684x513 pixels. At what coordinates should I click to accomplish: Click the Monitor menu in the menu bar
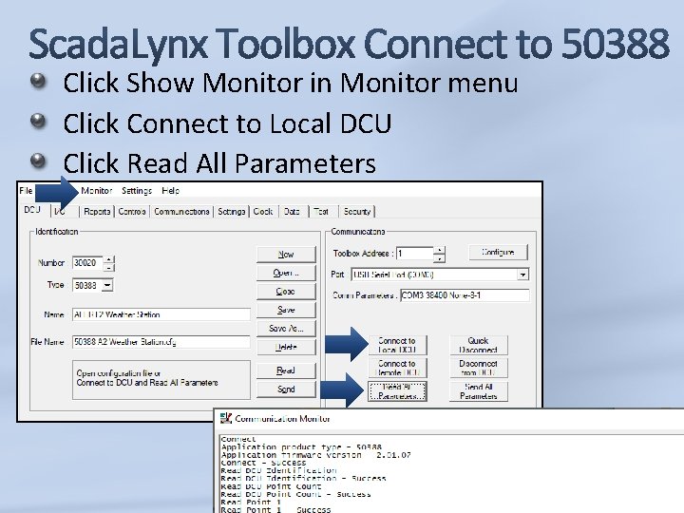(97, 191)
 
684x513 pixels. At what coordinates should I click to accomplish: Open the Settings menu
(137, 191)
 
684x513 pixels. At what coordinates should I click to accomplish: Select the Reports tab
(97, 211)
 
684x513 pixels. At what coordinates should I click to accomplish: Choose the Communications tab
(181, 211)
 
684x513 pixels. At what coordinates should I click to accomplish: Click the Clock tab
(263, 211)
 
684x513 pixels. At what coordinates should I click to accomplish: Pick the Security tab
(357, 211)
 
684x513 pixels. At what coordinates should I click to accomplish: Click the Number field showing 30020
(87, 263)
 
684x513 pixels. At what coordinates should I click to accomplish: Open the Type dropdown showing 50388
(106, 285)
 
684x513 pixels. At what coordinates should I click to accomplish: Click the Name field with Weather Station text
(162, 314)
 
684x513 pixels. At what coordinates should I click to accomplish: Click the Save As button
(286, 329)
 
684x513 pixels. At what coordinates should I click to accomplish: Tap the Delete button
(286, 348)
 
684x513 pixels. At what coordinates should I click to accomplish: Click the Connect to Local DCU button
(397, 345)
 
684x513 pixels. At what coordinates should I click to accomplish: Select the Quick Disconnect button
(478, 345)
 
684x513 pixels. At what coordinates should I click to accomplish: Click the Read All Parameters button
(397, 390)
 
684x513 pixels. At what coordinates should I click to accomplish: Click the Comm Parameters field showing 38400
(465, 295)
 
